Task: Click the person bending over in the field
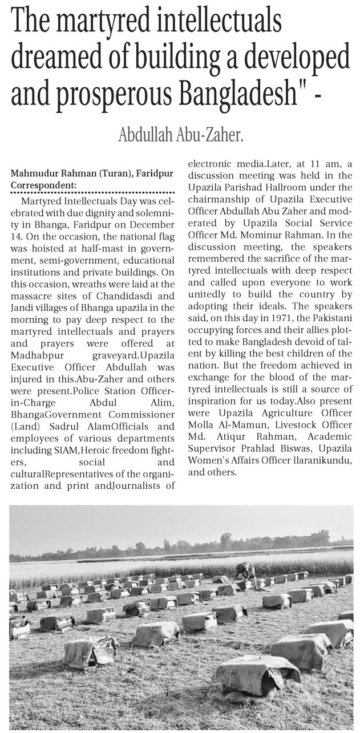tap(245, 570)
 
